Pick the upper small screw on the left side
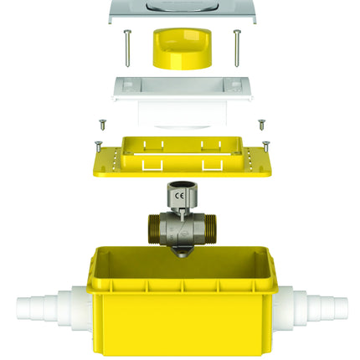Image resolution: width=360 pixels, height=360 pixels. point(103,123)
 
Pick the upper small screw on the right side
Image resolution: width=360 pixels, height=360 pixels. point(261,124)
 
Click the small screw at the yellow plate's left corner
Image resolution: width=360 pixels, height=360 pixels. point(98,144)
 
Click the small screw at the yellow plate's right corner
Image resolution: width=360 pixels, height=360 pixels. point(266,144)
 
